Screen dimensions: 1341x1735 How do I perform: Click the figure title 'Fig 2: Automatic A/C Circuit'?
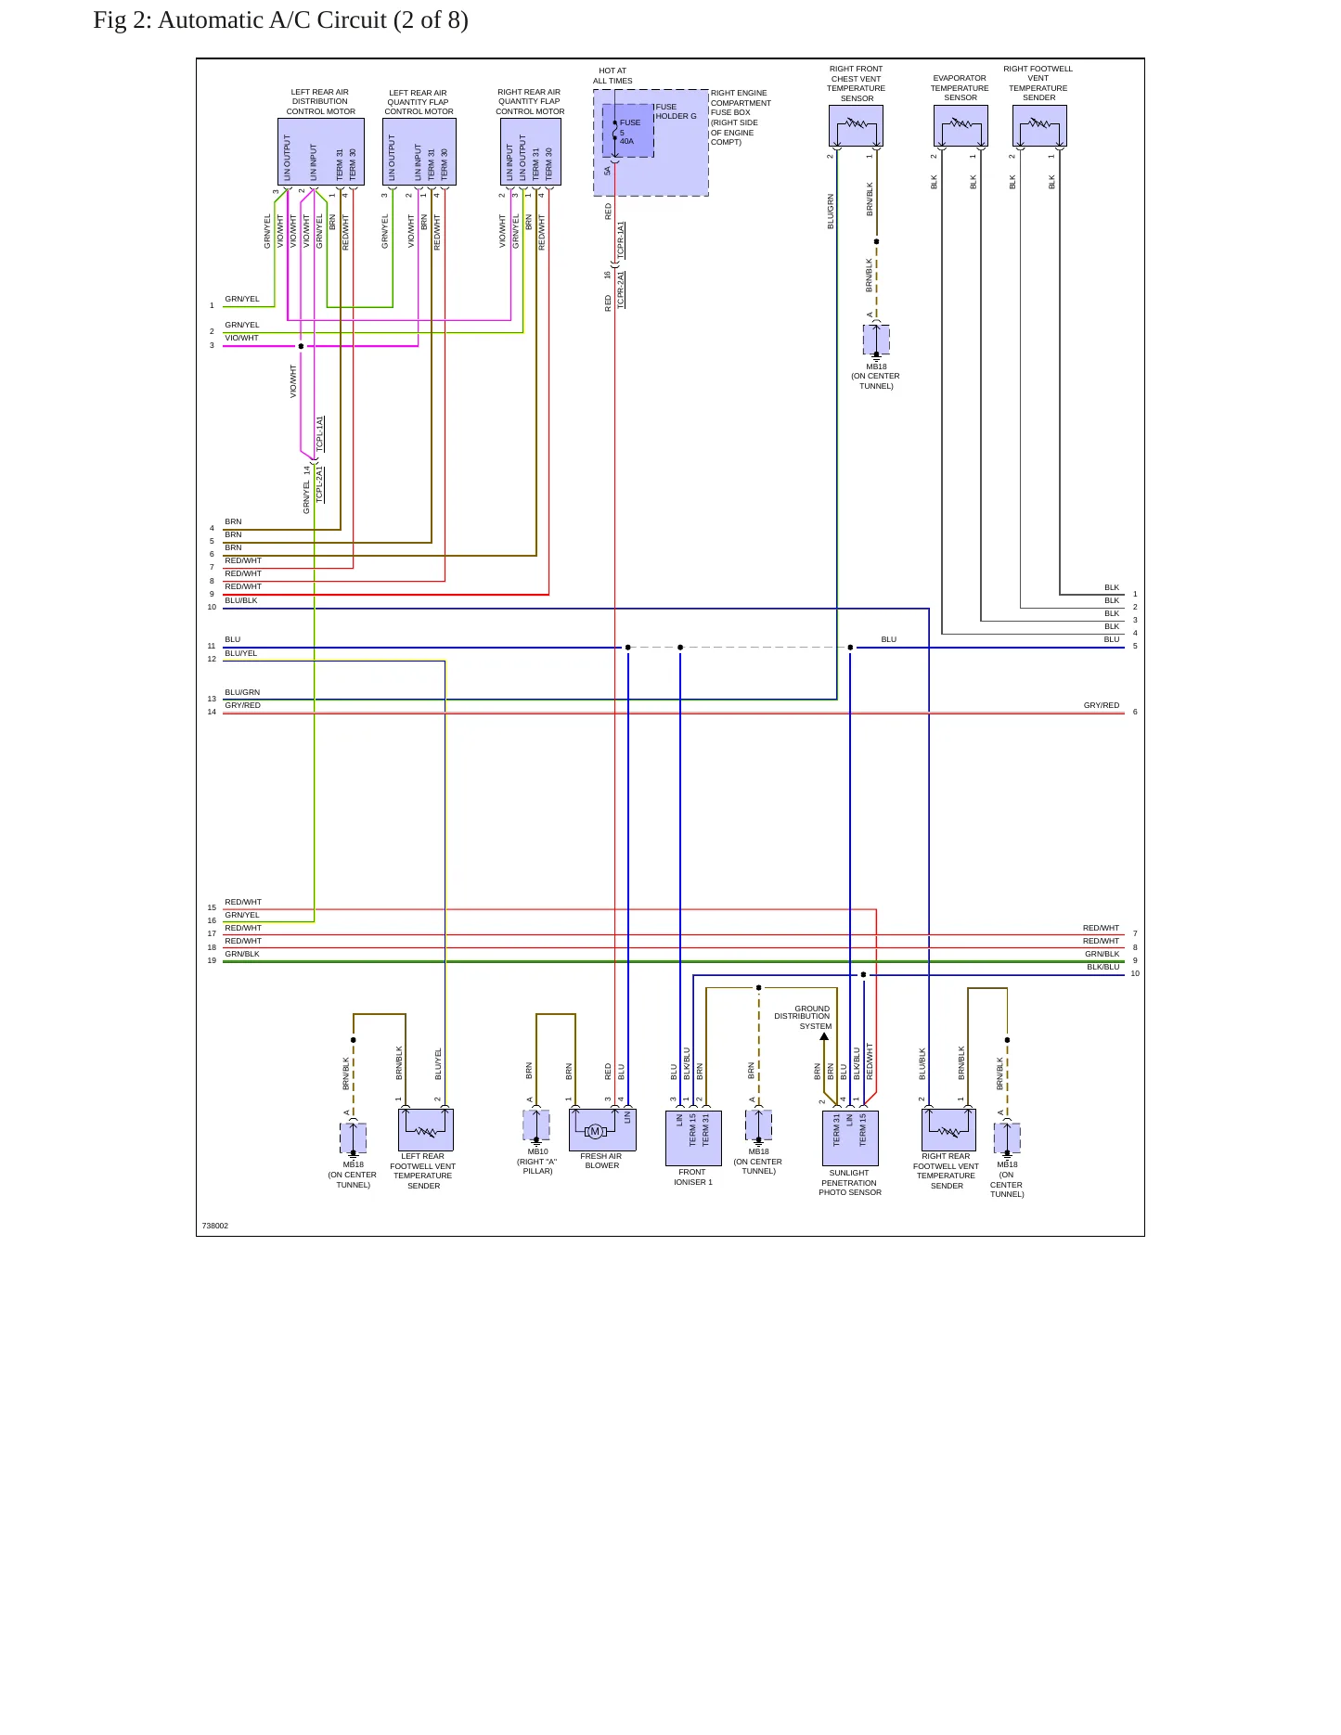click(240, 20)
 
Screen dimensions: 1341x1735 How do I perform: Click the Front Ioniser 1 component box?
click(693, 1138)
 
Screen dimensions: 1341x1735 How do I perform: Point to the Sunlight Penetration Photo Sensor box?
click(850, 1138)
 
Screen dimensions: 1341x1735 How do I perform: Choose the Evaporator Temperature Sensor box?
click(961, 125)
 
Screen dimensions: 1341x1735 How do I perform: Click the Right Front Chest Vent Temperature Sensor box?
click(856, 125)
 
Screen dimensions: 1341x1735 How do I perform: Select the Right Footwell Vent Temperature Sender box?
click(1039, 125)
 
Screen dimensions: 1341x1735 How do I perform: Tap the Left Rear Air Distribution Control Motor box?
click(320, 152)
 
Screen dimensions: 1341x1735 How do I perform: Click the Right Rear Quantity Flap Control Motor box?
click(530, 152)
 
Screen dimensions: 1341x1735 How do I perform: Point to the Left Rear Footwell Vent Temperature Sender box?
click(426, 1130)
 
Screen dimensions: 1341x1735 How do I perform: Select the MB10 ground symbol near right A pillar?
click(536, 1126)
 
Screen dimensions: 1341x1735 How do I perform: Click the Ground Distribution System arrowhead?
click(824, 1036)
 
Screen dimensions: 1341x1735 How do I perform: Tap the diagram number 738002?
click(215, 1226)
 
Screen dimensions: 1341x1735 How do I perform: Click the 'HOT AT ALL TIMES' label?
click(612, 75)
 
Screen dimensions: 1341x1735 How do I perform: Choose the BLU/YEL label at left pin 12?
click(241, 653)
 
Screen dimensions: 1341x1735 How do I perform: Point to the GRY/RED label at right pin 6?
click(1102, 705)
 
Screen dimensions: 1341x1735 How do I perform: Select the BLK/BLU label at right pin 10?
click(1103, 967)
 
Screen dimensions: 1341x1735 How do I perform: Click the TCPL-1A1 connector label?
click(320, 433)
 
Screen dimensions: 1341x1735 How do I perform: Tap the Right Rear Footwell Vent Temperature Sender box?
click(948, 1130)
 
